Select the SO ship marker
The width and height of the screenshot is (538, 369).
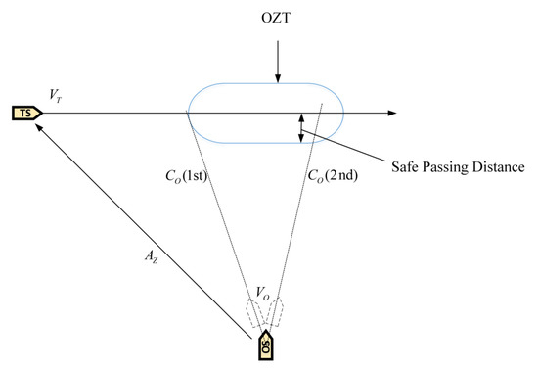pos(265,346)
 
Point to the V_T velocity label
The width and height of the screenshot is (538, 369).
pos(56,93)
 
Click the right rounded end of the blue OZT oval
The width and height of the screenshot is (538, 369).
pos(342,113)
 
